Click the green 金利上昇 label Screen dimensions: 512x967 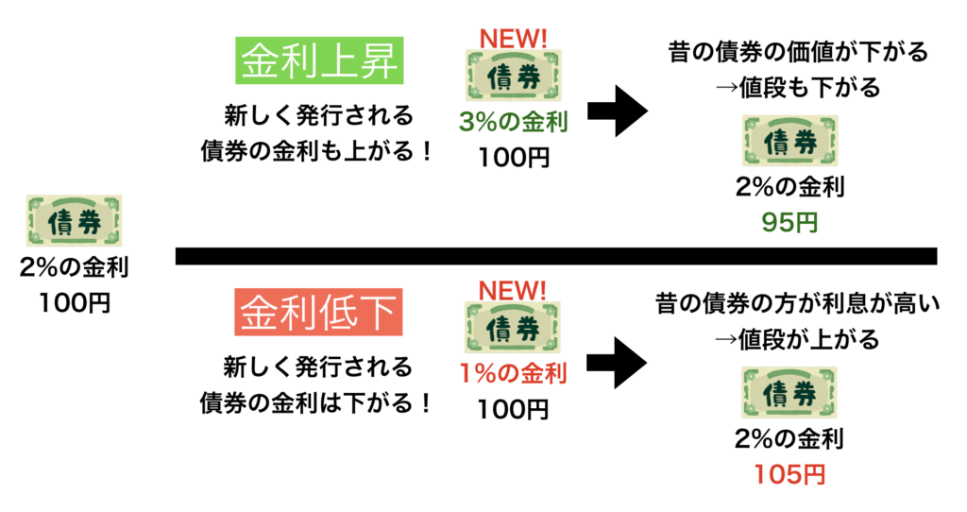point(320,63)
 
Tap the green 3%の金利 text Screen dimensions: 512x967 point(513,123)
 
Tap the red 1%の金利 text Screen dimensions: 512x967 point(513,374)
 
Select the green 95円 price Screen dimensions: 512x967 point(790,223)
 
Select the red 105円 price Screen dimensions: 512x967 point(790,474)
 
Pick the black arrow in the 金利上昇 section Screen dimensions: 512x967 point(618,111)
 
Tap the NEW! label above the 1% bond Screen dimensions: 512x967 point(513,289)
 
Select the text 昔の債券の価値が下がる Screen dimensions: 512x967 point(797,52)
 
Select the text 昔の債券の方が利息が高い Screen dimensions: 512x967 point(797,304)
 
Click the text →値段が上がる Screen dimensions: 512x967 point(797,338)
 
